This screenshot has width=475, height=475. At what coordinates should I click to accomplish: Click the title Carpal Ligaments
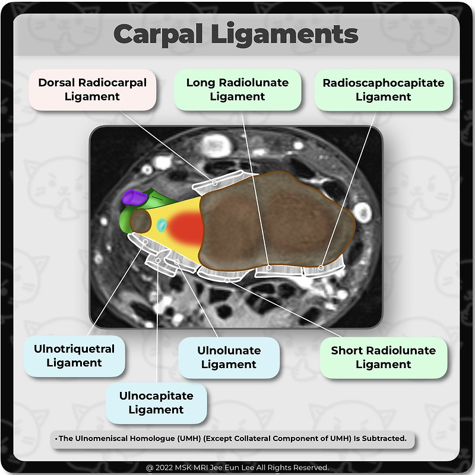click(236, 34)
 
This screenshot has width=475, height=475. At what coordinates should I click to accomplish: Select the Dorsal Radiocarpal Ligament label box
click(92, 90)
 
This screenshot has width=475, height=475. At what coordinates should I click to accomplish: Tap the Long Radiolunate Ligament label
click(237, 90)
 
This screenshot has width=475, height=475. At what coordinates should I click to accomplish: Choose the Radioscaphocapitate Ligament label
click(383, 90)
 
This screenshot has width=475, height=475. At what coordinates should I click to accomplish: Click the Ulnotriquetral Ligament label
click(74, 356)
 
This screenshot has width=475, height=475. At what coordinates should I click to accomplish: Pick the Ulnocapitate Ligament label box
click(156, 403)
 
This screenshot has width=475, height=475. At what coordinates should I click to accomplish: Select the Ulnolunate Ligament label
click(229, 357)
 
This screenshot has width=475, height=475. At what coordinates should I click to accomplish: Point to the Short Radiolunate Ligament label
click(383, 357)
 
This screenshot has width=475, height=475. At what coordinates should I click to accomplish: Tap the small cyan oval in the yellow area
click(161, 224)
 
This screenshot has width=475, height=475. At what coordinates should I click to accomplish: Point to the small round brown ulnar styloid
click(141, 221)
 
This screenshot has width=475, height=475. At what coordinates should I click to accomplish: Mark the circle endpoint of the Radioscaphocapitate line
click(321, 268)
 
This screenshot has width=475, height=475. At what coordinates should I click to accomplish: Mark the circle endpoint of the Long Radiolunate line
click(268, 268)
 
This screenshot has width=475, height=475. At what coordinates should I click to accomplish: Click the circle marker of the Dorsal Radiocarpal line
click(215, 182)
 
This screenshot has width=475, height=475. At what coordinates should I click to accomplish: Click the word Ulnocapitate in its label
click(156, 395)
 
